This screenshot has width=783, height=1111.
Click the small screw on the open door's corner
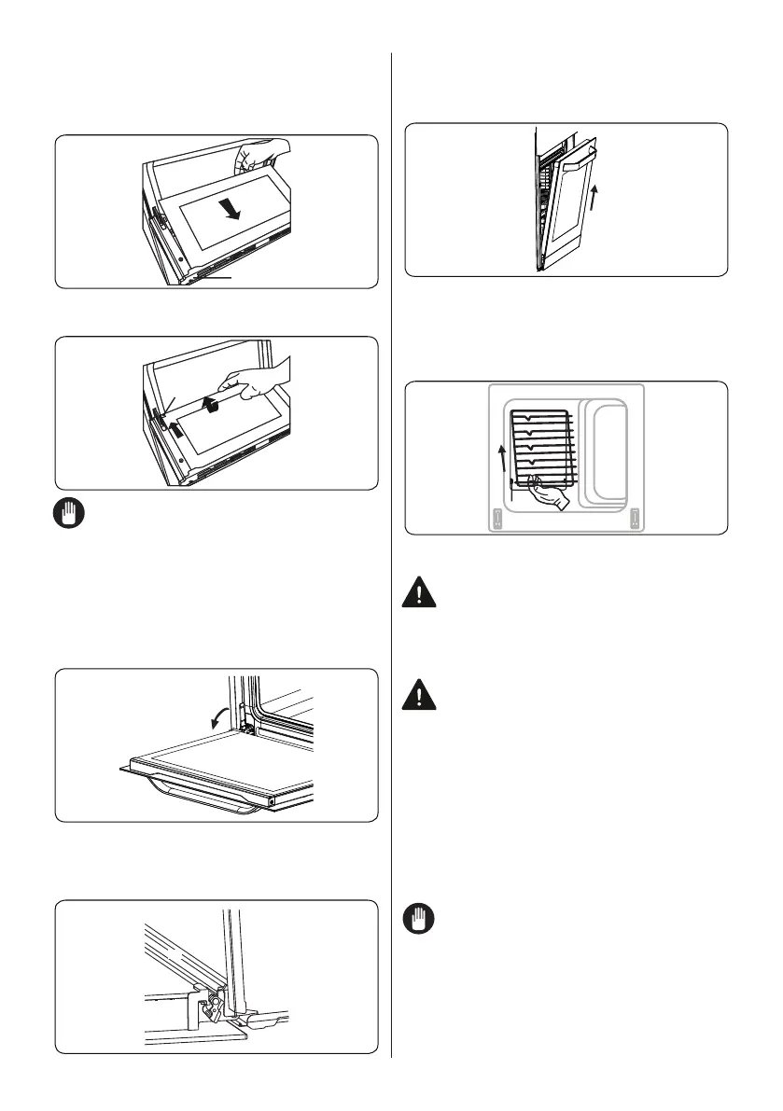coord(271,800)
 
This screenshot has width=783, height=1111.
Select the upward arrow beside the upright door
coord(593,196)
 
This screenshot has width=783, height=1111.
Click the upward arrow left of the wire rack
coord(502,460)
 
